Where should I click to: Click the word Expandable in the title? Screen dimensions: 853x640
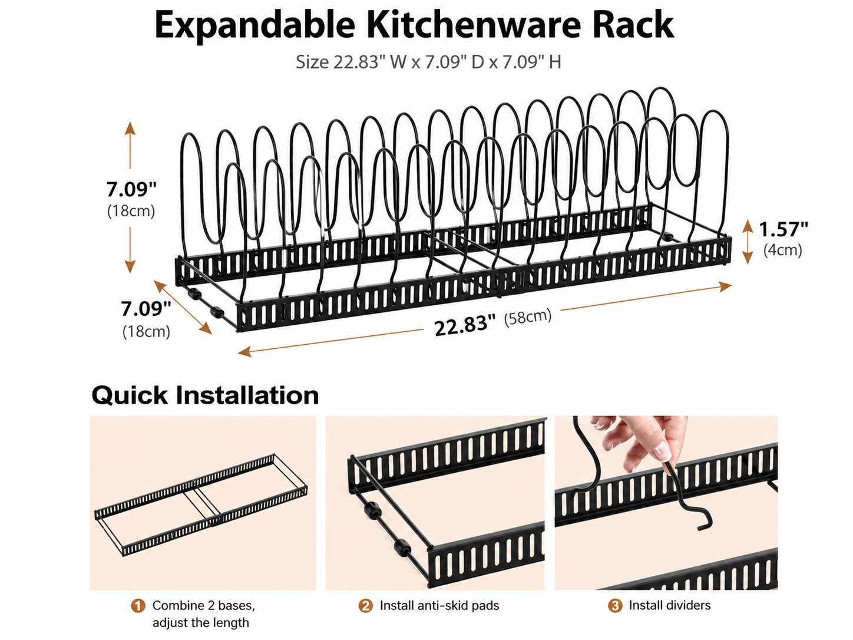click(255, 25)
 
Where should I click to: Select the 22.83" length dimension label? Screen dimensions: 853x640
click(465, 325)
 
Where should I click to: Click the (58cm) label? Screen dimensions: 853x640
click(528, 316)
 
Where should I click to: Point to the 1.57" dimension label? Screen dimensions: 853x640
click(783, 229)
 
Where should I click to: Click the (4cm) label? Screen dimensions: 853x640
click(783, 250)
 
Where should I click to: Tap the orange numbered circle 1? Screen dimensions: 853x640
click(138, 606)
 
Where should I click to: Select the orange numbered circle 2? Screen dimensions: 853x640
click(365, 606)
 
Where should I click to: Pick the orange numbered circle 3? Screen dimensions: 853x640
click(615, 605)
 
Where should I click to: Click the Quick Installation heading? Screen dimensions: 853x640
click(205, 395)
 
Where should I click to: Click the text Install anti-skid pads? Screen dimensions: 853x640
click(439, 606)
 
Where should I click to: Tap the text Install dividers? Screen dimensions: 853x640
click(670, 605)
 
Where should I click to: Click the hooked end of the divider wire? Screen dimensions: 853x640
click(704, 523)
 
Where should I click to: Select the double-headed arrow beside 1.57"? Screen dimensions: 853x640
click(748, 242)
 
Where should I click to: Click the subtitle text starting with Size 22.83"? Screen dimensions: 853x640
click(428, 62)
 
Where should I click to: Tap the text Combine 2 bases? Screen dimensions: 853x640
click(204, 605)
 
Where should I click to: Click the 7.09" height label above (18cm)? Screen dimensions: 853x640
click(131, 190)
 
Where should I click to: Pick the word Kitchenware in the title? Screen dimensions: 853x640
click(474, 25)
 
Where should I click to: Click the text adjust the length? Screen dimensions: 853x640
click(200, 623)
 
